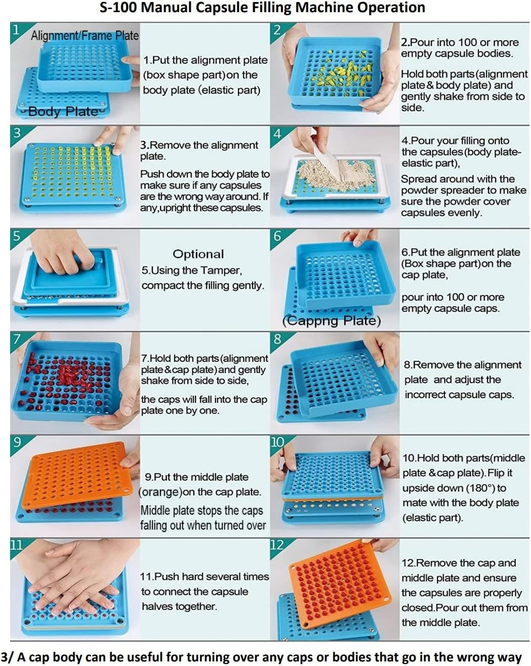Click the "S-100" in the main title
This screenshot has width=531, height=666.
coord(118,8)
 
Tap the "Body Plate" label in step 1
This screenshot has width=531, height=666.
coord(63,112)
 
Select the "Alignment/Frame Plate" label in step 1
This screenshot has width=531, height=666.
coord(85,35)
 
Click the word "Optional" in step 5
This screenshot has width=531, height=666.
coord(198,254)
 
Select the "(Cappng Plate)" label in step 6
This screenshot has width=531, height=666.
coord(332,321)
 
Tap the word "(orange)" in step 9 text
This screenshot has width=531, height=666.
coord(160,492)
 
